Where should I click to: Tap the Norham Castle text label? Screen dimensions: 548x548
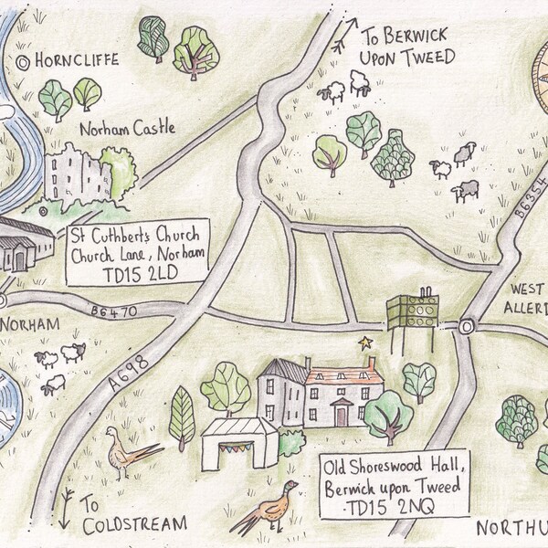click(127, 129)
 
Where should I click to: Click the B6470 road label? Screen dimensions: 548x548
click(113, 312)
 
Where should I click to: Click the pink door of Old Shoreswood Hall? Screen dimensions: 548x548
click(341, 416)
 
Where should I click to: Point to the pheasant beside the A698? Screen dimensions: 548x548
click(127, 451)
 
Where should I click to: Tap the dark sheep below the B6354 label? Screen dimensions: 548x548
click(467, 191)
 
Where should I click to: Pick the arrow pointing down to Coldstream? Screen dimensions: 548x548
click(68, 499)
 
